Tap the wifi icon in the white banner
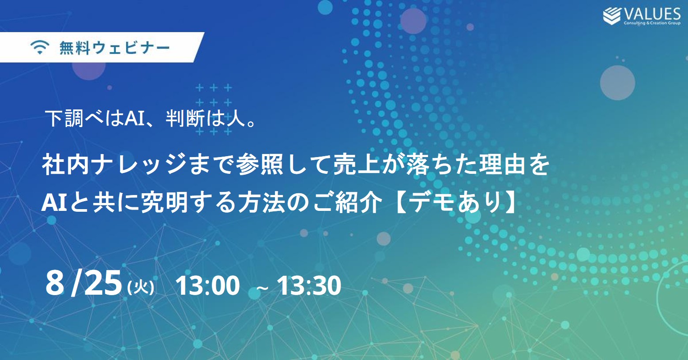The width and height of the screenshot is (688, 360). click(x=40, y=48)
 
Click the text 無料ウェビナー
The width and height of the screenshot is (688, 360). click(x=115, y=48)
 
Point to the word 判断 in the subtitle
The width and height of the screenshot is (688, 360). click(x=185, y=118)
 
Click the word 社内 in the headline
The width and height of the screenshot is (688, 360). click(x=65, y=165)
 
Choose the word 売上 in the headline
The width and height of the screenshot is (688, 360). click(x=357, y=165)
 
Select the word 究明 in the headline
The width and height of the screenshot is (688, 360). click(x=164, y=203)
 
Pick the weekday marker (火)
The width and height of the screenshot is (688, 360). click(x=141, y=288)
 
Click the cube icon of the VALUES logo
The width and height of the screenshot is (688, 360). click(x=612, y=16)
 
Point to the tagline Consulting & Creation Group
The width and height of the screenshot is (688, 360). click(x=652, y=23)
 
